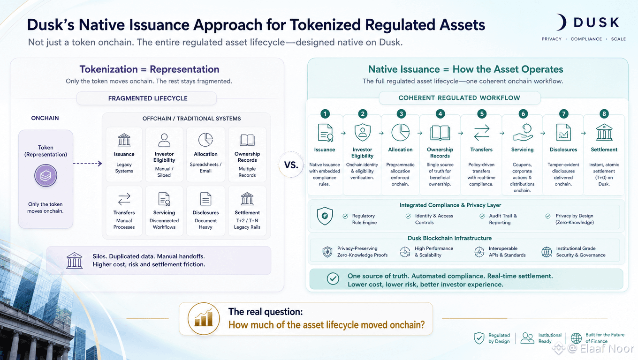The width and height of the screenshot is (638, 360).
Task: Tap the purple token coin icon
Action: tap(46, 175)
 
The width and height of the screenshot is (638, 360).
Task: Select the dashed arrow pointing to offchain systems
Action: tap(87, 163)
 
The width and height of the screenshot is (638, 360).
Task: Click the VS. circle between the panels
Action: tap(291, 165)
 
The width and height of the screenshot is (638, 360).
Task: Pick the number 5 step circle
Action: tap(482, 114)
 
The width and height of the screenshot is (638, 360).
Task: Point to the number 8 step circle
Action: tap(604, 114)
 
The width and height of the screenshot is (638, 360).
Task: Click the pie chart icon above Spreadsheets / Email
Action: tap(205, 139)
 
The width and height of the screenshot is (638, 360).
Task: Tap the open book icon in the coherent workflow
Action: tap(440, 133)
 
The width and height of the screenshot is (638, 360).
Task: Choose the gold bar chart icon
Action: tap(204, 318)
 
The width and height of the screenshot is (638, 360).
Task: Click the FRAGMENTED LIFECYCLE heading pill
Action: tap(147, 98)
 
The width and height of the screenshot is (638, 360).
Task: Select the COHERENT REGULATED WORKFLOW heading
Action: tap(459, 98)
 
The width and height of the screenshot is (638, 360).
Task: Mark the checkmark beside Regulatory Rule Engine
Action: tap(345, 216)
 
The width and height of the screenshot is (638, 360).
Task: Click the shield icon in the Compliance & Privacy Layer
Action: tap(325, 216)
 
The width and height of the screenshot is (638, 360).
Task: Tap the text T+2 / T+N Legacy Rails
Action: tap(247, 224)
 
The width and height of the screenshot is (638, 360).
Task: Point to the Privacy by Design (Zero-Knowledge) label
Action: tap(575, 219)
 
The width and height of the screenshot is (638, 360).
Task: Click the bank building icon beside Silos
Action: tap(74, 261)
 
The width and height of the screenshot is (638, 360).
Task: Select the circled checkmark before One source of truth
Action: tap(333, 278)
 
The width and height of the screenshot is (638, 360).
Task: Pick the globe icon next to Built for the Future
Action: tap(576, 338)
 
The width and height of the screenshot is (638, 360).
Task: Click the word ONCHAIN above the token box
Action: tap(45, 118)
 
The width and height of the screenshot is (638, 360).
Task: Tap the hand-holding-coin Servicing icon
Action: tap(523, 133)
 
